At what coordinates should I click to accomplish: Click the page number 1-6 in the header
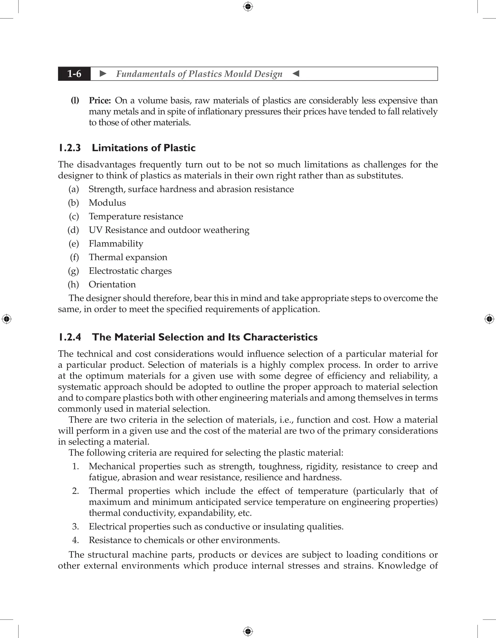pos(74,74)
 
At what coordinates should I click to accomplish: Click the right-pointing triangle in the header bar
pos(103,74)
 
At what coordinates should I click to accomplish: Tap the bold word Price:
pos(100,100)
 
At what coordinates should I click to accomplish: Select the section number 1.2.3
pos(70,148)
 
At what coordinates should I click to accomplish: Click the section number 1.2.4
pos(70,337)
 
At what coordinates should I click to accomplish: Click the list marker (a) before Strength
pos(74,189)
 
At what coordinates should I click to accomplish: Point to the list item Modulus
pos(107,203)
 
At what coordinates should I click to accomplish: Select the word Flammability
pos(116,244)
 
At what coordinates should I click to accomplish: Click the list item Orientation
pos(112,285)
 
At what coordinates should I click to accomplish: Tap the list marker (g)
pos(73,271)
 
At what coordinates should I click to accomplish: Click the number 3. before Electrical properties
pos(75,527)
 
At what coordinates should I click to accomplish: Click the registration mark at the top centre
pos(248,7)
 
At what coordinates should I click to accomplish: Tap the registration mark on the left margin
pos(7,319)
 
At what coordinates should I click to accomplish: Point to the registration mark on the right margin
pos(489,319)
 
